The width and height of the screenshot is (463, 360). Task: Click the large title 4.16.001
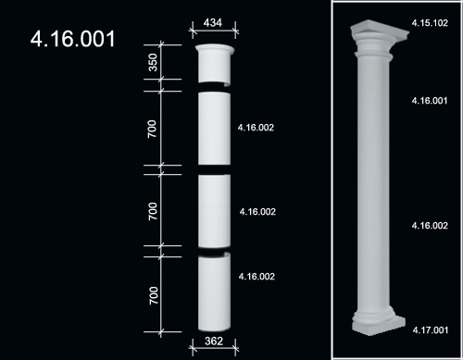pos(73,39)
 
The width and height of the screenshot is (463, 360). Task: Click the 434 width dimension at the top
pos(213,23)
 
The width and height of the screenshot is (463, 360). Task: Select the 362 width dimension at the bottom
pos(214,341)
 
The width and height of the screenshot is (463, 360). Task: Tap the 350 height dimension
pos(153,62)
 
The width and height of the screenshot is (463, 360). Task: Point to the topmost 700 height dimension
pos(152,129)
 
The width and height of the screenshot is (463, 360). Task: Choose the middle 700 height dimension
pos(153,211)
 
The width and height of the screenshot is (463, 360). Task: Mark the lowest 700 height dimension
pos(154,295)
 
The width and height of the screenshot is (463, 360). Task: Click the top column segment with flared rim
pos(214,64)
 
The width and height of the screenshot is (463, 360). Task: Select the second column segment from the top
pos(214,129)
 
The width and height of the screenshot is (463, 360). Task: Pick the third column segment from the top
pos(214,211)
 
